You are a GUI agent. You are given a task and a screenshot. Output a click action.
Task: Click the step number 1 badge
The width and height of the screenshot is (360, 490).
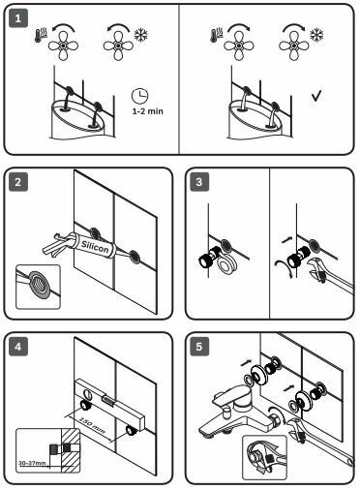coord(18,18)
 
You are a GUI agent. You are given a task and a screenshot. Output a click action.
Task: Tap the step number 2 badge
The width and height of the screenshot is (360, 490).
coord(18,182)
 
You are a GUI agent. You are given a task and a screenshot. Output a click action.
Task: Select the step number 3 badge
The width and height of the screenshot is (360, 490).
coord(199,182)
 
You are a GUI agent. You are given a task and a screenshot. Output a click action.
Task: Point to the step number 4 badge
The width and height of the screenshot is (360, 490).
coord(18,347)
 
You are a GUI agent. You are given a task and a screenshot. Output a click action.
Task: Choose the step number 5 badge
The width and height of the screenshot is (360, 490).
coord(199,347)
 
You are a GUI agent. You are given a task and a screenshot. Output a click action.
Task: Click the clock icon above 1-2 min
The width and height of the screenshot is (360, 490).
coord(139,96)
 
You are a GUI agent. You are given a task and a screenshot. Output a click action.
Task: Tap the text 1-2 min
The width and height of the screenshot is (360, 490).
coord(147,111)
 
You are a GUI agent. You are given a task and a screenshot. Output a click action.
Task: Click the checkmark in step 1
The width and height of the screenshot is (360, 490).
coord(316,96)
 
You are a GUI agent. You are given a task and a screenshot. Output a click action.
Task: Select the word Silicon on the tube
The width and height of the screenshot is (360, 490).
coord(95,247)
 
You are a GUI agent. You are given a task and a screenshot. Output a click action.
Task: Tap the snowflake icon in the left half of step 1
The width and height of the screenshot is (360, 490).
coord(141,35)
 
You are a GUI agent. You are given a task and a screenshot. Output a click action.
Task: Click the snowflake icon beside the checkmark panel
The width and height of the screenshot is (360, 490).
coord(316,35)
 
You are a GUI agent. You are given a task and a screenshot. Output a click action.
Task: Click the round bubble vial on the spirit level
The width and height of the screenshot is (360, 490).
coord(87,394)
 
